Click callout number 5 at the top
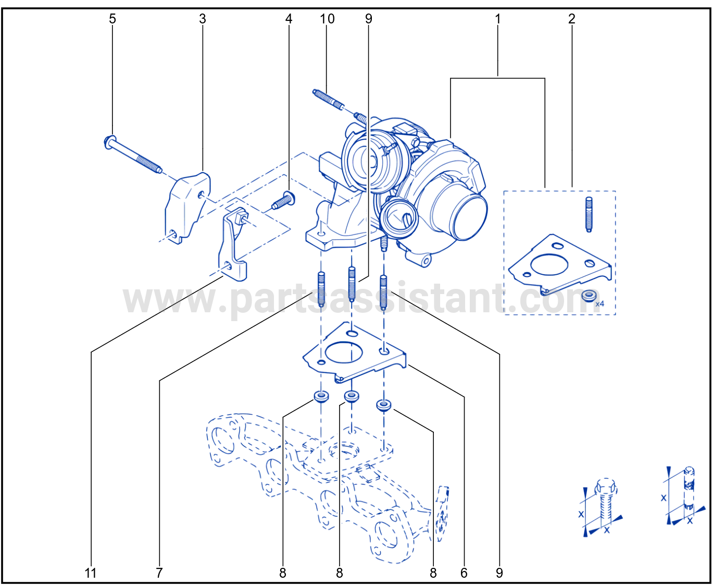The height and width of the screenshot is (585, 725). pos(113,19)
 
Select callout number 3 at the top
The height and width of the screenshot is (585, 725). pos(203,19)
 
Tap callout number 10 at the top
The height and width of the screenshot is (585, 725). pos(327,19)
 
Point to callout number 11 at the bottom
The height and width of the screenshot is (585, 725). pos(91,573)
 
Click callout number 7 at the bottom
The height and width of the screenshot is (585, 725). pos(159,573)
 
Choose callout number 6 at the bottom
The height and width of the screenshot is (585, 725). pos(464,573)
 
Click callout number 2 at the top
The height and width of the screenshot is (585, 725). pos(572,19)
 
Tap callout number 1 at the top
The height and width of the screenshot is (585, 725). pos(497,19)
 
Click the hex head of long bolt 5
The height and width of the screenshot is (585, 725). pos(109,142)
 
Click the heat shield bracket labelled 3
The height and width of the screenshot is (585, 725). pos(187,208)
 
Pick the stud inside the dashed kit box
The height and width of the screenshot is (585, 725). pos(589,214)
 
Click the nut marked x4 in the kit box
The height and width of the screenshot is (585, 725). pos(589,295)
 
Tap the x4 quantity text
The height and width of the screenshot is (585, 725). pos(600,303)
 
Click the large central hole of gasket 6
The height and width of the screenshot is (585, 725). pos(343,352)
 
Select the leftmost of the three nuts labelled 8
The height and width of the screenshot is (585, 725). pos(321,396)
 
